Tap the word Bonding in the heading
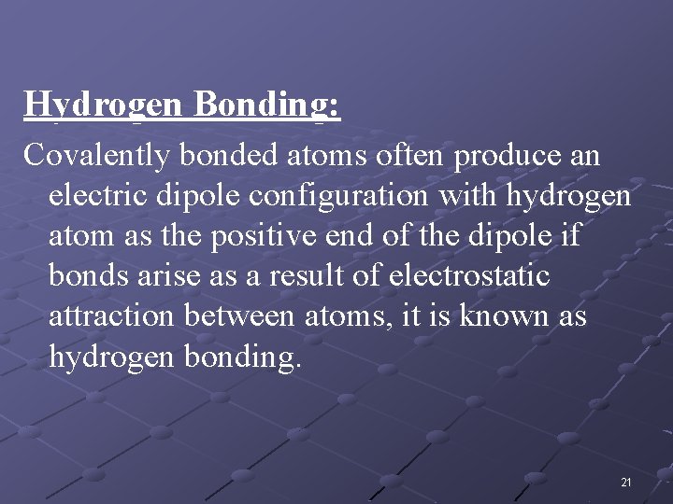click(266, 105)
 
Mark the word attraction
click(110, 317)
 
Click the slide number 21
click(625, 483)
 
